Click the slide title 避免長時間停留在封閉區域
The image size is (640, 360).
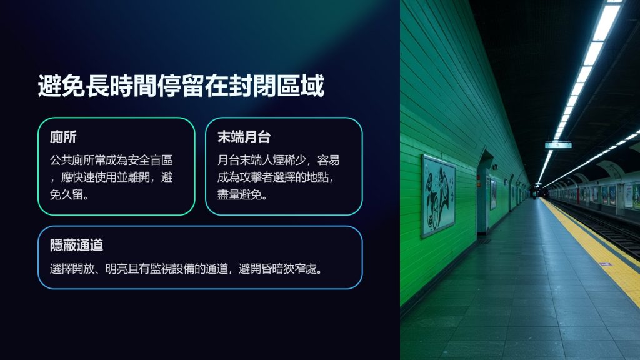(x=181, y=86)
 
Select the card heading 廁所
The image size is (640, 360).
(x=63, y=137)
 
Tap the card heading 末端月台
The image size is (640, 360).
(x=244, y=137)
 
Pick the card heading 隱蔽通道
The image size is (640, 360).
(x=77, y=245)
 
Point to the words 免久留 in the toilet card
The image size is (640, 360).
(x=66, y=195)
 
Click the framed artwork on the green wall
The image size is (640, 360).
(x=438, y=196)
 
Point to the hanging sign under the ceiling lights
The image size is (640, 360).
(x=558, y=145)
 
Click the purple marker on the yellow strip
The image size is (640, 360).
(x=606, y=264)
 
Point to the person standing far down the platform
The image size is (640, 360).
(x=534, y=194)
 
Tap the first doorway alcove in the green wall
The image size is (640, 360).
(x=483, y=192)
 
